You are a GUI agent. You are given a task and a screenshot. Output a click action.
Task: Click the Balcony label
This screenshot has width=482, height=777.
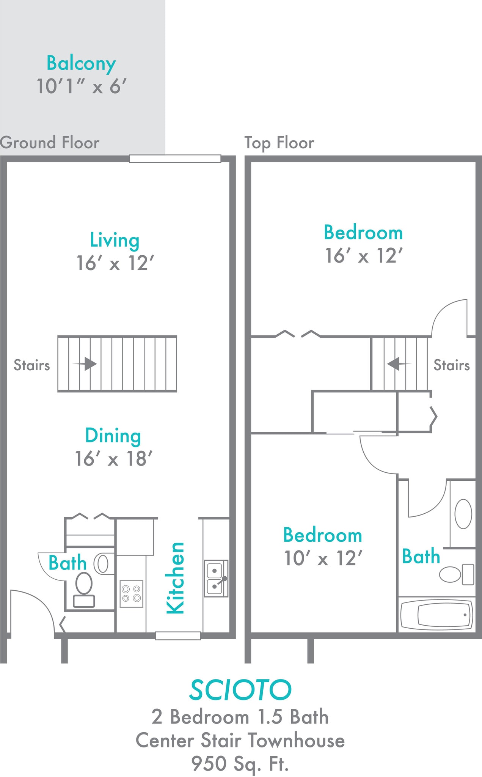click(81, 63)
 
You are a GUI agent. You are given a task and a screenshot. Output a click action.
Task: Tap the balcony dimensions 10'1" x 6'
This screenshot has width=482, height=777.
click(81, 87)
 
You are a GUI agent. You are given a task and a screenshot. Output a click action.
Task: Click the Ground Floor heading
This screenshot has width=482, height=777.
click(50, 143)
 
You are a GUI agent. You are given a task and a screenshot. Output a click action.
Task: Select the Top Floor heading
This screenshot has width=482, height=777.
click(279, 143)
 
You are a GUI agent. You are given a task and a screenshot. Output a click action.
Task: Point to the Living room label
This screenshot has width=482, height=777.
click(115, 240)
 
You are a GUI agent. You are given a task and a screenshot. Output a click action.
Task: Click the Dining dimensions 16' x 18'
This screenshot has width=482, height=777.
click(113, 459)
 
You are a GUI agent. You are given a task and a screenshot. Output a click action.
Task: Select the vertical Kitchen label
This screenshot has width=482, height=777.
click(176, 577)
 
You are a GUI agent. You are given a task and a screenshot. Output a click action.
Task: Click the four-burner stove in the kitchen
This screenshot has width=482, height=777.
click(131, 594)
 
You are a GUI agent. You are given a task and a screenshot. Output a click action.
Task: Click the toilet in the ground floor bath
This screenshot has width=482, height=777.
click(84, 590)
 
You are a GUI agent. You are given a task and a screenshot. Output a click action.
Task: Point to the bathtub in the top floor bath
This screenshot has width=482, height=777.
click(436, 614)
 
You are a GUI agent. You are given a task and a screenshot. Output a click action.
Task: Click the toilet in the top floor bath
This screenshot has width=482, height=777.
click(457, 574)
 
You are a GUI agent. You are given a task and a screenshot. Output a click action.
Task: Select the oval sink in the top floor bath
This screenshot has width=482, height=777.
click(463, 514)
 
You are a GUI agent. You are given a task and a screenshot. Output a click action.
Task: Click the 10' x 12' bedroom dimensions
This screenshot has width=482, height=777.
click(323, 558)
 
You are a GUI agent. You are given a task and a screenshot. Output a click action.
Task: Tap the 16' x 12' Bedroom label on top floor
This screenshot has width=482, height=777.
click(363, 233)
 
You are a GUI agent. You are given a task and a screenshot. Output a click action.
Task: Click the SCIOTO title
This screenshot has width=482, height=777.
click(240, 690)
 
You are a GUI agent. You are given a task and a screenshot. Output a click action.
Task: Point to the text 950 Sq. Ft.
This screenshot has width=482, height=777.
click(240, 763)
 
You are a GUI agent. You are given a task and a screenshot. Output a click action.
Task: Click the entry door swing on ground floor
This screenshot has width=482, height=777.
click(34, 611)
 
